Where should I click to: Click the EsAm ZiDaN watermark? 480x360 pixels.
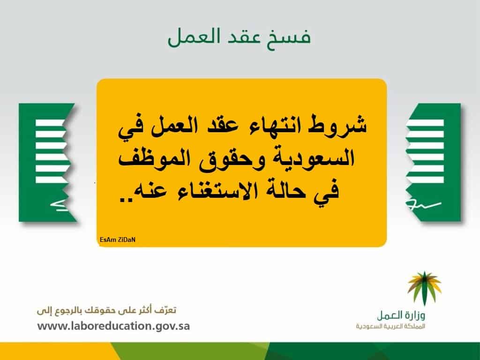pyautogui.click(x=118, y=240)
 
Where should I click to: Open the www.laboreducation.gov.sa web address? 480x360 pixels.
pyautogui.click(x=113, y=326)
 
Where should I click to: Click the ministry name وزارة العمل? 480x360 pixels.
pyautogui.click(x=401, y=315)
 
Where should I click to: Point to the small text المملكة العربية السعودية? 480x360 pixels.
pyautogui.click(x=390, y=326)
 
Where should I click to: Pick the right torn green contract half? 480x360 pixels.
pyautogui.click(x=434, y=163)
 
